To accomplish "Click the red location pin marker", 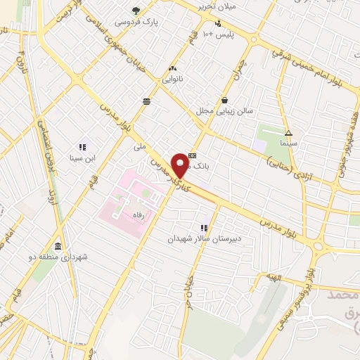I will tap(181, 165).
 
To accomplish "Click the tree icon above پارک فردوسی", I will tap(136, 10).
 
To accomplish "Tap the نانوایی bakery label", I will tap(172, 80).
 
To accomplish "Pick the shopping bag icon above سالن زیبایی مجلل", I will tap(224, 100).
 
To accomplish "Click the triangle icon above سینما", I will tap(288, 132).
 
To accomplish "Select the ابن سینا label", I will tap(82, 157).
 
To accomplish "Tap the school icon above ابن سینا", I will tap(82, 147).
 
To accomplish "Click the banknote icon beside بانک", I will tap(193, 155).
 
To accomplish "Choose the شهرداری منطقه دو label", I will tap(57, 257).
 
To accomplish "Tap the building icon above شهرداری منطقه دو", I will tap(57, 246).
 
